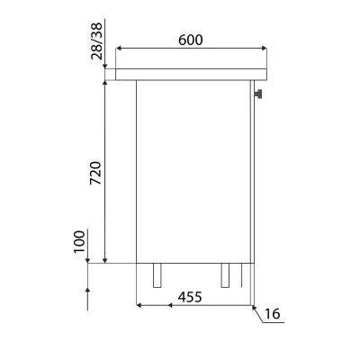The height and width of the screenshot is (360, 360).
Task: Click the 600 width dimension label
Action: click(191, 40)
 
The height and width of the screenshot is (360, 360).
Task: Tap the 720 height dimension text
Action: click(96, 173)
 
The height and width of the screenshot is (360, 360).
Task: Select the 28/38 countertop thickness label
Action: click(96, 41)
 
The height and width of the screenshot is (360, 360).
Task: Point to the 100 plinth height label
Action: click(79, 241)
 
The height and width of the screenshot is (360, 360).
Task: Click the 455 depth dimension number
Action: click(190, 297)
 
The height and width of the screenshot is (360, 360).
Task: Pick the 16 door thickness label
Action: click(273, 314)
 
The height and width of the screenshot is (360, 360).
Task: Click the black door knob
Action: click(258, 94)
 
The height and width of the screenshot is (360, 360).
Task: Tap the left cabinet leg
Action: click(157, 275)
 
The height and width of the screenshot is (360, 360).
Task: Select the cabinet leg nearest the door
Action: click(225, 275)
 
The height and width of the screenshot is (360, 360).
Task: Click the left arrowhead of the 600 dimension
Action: click(119, 48)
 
